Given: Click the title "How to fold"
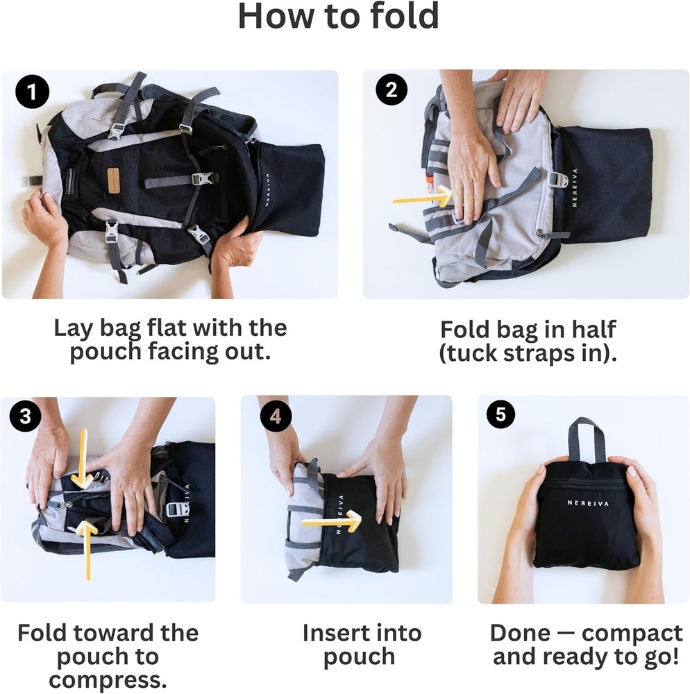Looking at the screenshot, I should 338,17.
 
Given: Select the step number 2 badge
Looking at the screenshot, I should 391,91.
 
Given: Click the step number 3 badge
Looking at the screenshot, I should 26,416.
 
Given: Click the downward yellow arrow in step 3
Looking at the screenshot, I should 83,459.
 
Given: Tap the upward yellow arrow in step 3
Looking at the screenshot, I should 86,548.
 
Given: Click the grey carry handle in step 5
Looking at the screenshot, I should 587,439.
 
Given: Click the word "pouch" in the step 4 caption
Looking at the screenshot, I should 359,657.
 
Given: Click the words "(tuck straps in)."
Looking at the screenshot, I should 528,353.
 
